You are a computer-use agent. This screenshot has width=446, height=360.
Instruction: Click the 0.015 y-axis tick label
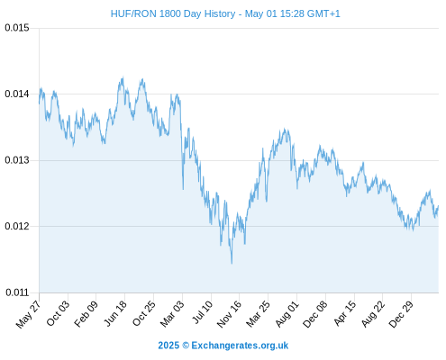coord(17,28)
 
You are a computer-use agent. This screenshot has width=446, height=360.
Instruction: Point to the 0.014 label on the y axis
coord(17,94)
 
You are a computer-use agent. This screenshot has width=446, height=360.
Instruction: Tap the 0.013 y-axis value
coord(17,160)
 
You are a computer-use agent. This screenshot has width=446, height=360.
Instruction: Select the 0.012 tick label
coord(17,226)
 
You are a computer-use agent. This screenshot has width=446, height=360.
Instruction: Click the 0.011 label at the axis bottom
coord(17,292)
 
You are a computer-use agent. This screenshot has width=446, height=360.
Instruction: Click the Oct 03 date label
coord(58,313)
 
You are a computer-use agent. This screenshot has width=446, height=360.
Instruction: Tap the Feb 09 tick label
coord(86,313)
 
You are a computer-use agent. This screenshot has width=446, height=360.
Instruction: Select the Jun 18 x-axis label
coord(115,313)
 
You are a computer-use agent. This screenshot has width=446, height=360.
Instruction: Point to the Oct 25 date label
coord(144,313)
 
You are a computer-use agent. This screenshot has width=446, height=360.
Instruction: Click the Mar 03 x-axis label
coord(172,313)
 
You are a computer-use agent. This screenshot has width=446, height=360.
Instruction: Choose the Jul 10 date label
coord(203,312)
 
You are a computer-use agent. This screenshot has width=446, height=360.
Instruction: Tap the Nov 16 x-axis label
coord(229,314)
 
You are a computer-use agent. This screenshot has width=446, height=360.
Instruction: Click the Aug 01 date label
coord(287,314)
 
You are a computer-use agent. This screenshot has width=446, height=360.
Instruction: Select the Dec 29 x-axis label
coord(401,314)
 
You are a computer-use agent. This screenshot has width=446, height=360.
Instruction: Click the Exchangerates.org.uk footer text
coord(240,346)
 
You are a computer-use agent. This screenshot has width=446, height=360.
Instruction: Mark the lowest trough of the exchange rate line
coord(232,264)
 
